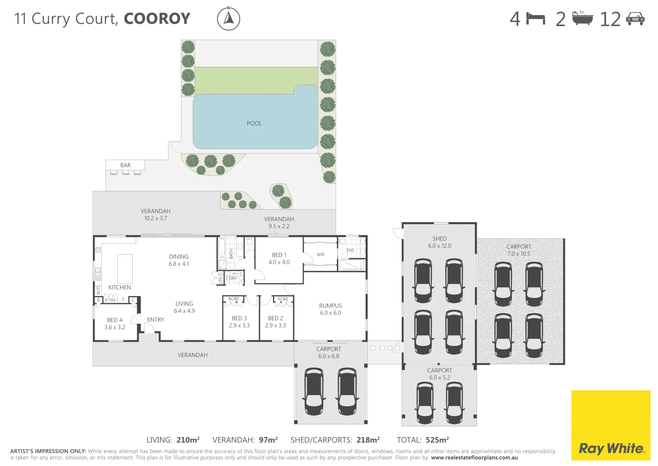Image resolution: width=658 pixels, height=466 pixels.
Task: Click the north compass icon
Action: point(228,19)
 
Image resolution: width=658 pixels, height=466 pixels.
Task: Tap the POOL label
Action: point(254,123)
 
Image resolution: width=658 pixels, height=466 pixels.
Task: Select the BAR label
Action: point(125,165)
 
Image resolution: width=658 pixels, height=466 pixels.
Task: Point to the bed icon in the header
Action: point(536,19)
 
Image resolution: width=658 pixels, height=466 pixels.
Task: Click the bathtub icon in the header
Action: point(582,19)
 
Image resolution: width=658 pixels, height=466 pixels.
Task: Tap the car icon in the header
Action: point(635,19)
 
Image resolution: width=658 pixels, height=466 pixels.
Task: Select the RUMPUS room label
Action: point(331,306)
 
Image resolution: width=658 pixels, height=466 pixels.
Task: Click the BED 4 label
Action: point(115,320)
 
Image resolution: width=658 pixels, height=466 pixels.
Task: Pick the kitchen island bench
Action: point(125,268)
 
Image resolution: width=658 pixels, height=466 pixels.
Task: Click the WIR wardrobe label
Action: point(321,255)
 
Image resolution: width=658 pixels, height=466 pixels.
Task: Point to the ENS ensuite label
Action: point(350,250)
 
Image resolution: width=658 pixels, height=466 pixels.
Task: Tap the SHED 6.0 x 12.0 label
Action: point(440,242)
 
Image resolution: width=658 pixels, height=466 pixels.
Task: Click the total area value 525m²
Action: point(437,440)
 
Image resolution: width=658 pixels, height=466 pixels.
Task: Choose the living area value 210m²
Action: point(188,440)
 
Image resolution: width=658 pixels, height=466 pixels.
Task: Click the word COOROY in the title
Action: point(157,19)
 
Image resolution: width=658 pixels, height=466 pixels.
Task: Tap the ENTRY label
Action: point(156,320)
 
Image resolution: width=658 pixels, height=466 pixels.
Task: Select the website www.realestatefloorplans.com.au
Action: point(474,458)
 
